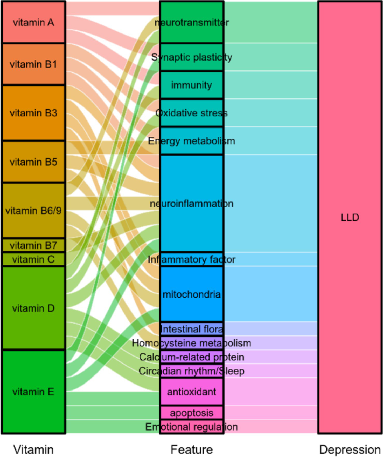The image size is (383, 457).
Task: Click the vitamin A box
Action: pos(33,22)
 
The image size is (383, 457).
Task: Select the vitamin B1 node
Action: pos(33,64)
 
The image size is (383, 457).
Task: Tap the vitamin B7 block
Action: pos(33,245)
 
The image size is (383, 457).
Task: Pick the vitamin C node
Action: pos(33,259)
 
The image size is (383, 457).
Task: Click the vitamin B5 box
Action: pos(33,162)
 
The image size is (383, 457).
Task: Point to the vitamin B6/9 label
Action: pos(33,211)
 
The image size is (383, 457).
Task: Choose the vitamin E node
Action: pos(33,392)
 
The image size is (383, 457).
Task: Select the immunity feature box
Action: pos(192,85)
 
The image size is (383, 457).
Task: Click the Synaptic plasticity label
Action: pos(192,57)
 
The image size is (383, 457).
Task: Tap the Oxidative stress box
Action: pos(192,113)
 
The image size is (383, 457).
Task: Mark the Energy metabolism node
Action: pos(192,141)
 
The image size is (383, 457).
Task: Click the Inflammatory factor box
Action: pos(192,259)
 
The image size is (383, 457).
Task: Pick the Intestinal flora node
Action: pos(192,329)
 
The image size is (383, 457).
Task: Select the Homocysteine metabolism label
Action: pos(192,343)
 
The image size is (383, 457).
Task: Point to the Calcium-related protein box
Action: pos(192,357)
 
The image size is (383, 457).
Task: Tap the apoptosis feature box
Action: pos(192,413)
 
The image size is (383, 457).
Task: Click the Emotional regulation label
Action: pos(192,427)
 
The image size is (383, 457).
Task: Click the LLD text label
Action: pos(350,217)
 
